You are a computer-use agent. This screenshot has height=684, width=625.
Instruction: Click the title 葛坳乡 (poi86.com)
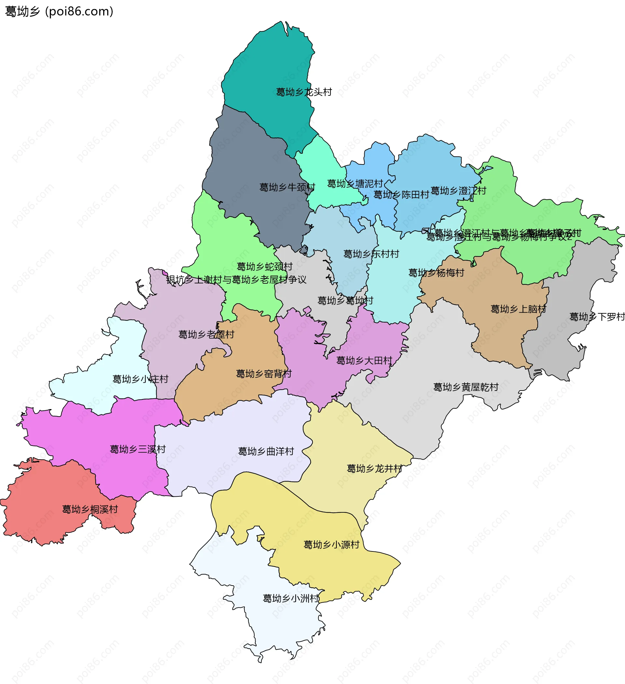pos(59,11)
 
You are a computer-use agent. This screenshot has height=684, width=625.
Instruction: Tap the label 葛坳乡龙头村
pos(304,92)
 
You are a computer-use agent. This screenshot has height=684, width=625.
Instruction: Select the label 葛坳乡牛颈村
pos(287,187)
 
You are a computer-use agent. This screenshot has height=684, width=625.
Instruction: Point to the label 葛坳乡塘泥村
pos(355,184)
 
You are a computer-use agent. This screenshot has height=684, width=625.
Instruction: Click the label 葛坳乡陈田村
pos(401,194)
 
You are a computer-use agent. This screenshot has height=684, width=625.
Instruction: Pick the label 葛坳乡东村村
pos(371,254)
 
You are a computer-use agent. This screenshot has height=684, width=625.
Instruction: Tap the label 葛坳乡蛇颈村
pos(265,266)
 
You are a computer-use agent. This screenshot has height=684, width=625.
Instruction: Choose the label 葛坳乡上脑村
pos(518,309)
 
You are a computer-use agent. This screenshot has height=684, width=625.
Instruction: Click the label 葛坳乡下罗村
pos(597,317)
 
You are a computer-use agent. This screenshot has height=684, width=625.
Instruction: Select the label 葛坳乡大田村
pos(364,360)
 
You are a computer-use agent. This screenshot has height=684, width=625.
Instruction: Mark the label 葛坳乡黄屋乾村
pos(465,387)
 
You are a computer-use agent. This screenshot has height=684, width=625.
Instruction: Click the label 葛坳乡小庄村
pos(140,379)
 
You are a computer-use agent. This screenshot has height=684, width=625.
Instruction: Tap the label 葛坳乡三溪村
pos(138,449)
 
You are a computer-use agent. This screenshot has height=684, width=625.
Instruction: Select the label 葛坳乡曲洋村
pos(266,451)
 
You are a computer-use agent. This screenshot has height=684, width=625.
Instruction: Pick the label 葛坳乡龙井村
pos(374,469)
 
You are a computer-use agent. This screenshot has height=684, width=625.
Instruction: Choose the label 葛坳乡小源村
pos(331,545)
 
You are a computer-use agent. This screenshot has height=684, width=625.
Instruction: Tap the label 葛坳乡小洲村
pos(291,598)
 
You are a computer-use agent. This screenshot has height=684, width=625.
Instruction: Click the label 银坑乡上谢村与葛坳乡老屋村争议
pos(236,279)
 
